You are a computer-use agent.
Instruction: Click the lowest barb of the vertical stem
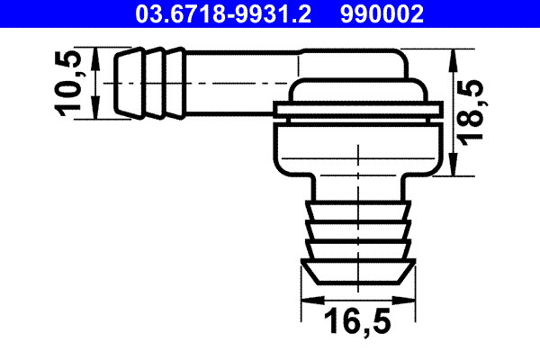click(358, 270)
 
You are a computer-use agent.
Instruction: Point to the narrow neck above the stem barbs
click(358, 187)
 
